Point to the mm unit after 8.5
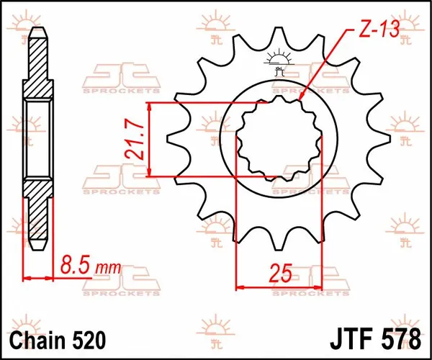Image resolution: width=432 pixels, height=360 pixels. pos(107,269)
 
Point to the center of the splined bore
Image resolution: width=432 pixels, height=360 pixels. pos(280,139)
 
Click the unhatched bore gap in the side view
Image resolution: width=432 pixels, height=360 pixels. pos(37,139)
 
